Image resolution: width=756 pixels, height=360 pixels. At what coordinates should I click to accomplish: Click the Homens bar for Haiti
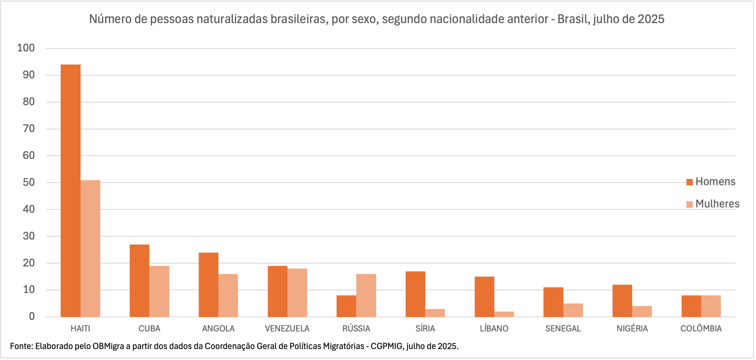tap(70, 191)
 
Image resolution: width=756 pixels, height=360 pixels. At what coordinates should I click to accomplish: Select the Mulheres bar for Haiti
tap(90, 248)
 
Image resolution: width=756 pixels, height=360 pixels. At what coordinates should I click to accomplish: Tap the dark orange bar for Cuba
tap(140, 281)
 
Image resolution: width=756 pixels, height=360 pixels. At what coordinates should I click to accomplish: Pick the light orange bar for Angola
tap(228, 295)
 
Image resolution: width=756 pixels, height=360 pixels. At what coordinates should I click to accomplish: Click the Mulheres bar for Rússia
tap(366, 295)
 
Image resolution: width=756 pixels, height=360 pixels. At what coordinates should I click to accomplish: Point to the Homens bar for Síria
tap(415, 294)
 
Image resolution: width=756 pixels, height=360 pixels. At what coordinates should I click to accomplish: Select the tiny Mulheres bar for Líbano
tap(504, 314)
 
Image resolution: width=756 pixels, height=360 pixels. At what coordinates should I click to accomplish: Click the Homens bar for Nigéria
tap(622, 301)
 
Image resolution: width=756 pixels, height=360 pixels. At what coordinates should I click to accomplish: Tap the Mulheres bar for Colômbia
tap(711, 306)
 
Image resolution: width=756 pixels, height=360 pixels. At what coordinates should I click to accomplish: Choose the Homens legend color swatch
tap(690, 182)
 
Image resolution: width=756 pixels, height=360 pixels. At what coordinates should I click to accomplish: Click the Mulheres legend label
tap(717, 204)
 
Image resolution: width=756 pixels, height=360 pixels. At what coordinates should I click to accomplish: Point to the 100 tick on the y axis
tap(26, 48)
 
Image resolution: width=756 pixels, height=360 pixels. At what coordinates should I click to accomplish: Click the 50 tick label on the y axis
tap(29, 182)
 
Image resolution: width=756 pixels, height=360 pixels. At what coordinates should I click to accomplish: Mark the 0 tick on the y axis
tap(32, 316)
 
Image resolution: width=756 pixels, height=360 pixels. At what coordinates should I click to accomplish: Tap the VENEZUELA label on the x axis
tap(287, 328)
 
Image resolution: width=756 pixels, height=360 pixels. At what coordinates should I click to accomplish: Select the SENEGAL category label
tap(563, 328)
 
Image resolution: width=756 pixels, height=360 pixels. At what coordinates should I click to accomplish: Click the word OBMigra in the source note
tap(108, 346)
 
